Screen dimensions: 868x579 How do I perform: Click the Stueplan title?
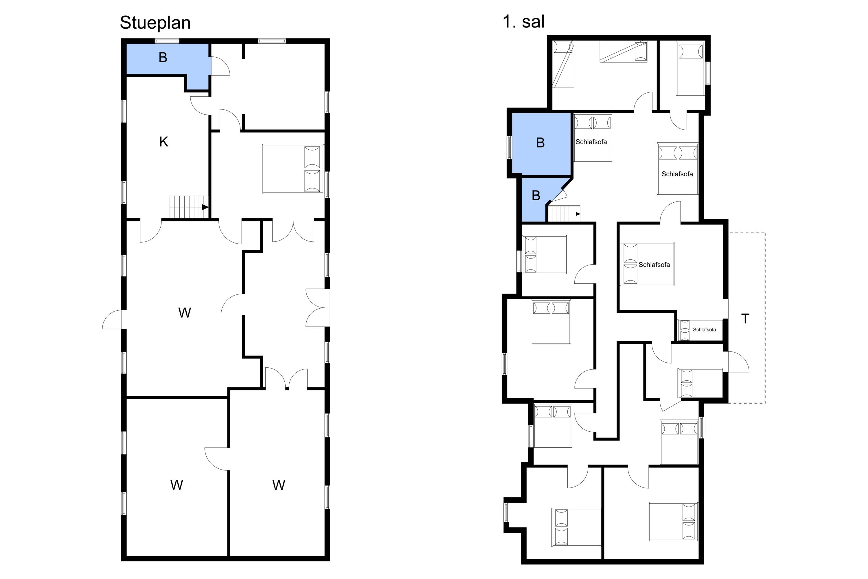click(x=155, y=23)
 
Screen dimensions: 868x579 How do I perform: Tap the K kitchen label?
click(x=163, y=142)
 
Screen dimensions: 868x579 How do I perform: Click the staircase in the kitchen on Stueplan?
click(x=189, y=208)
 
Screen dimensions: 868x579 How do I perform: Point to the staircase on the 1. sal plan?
click(x=564, y=214)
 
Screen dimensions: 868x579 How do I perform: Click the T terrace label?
click(x=745, y=319)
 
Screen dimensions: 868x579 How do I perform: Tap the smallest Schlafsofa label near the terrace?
click(x=704, y=330)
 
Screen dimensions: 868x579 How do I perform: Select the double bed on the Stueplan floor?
click(x=293, y=169)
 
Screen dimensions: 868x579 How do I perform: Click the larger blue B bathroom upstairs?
click(x=541, y=143)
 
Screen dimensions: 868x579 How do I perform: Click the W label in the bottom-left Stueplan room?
click(x=177, y=485)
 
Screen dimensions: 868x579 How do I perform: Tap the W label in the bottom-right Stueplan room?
click(x=279, y=485)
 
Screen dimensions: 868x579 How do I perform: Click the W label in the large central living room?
click(x=185, y=313)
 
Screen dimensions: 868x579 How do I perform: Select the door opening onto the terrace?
click(x=738, y=362)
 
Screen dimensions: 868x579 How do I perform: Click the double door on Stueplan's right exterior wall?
click(x=318, y=307)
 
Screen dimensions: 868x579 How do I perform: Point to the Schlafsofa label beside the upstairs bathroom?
click(x=591, y=142)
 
